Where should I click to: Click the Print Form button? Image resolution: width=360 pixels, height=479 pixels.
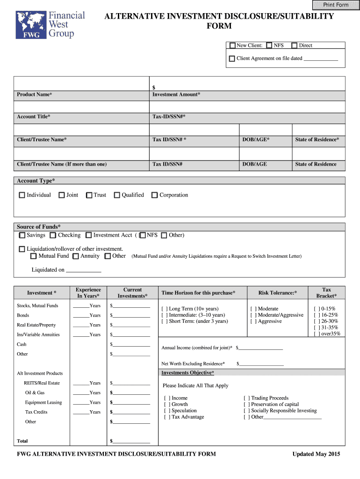(336, 5)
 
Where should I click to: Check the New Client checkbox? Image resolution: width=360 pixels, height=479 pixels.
(232, 45)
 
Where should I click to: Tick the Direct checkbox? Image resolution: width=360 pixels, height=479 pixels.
(294, 45)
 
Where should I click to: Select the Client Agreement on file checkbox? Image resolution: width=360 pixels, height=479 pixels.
(232, 59)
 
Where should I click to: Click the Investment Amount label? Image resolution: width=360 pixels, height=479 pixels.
(176, 94)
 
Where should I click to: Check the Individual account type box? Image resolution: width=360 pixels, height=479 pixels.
(22, 195)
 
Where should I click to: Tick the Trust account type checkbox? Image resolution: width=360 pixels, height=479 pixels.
(89, 195)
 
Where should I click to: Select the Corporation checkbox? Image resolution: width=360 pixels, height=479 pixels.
(155, 195)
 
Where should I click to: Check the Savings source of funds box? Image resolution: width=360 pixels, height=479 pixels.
(22, 235)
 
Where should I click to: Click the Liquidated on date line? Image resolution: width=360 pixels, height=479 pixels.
(84, 270)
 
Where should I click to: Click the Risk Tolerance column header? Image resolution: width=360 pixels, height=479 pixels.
(278, 293)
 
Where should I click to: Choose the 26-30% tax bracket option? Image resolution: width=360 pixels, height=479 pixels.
(317, 321)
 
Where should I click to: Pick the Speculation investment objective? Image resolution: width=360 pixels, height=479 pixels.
(167, 411)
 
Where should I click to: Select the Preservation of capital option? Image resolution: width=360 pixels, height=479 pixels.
(247, 405)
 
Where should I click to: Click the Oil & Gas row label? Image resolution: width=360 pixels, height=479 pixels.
(35, 393)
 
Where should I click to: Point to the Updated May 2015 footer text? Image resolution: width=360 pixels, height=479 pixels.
(316, 454)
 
